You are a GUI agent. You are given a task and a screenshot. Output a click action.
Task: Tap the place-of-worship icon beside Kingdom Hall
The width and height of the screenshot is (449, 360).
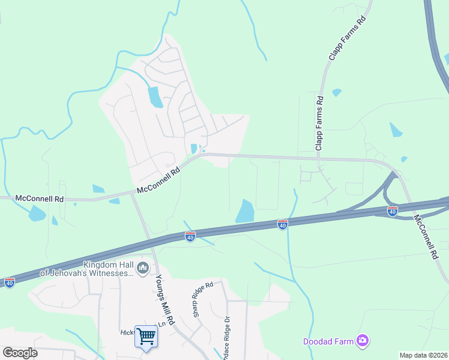pos(142,268)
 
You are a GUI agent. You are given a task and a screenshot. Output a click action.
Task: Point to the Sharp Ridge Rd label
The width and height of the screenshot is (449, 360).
pos(203,299)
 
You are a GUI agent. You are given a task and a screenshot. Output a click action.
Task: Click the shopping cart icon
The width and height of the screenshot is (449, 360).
pos(146,335)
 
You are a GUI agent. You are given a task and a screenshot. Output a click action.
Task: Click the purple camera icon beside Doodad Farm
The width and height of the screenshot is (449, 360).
pos(362,341)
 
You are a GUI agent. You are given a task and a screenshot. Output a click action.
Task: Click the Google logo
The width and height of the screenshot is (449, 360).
pos(20,353)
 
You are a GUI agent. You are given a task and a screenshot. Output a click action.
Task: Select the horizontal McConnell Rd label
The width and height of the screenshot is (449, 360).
pos(39,197)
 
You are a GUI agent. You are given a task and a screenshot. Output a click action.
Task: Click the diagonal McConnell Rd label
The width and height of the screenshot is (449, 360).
pos(158,180)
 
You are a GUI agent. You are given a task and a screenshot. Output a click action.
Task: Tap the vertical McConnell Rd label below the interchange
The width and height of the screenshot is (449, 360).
pos(426,238)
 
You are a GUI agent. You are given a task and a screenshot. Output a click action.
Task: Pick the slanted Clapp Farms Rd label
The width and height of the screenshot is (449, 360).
pos(348,39)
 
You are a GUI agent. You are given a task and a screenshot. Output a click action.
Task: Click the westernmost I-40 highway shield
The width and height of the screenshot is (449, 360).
pos(10,281)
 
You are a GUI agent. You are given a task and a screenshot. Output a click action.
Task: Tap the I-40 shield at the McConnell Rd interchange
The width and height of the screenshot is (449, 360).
pos(393,211)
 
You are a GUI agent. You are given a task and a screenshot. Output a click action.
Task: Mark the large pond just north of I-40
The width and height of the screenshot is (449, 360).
pos(245,211)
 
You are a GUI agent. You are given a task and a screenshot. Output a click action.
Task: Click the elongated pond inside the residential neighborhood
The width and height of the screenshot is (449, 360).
pos(155,97)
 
